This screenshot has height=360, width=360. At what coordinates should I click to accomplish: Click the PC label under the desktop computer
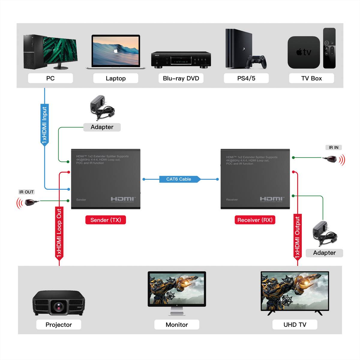pyautogui.click(x=50, y=78)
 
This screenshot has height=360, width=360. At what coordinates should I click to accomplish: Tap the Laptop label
pyautogui.click(x=115, y=78)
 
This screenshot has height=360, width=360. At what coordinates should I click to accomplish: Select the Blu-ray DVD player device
pyautogui.click(x=181, y=60)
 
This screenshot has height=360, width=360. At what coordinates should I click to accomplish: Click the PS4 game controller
pyautogui.click(x=256, y=61)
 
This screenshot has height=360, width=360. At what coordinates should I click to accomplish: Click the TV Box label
pyautogui.click(x=311, y=78)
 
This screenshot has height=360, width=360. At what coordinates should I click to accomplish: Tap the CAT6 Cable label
pyautogui.click(x=179, y=179)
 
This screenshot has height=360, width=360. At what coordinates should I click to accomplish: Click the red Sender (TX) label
pyautogui.click(x=106, y=220)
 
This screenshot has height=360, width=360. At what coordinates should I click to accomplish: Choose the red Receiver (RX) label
pyautogui.click(x=255, y=220)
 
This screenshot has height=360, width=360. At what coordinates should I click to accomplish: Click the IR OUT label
pyautogui.click(x=26, y=192)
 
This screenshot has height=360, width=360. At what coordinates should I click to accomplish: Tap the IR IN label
pyautogui.click(x=334, y=147)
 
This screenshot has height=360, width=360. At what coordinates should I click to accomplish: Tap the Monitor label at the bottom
pyautogui.click(x=177, y=325)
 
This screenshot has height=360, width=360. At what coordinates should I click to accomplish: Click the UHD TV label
pyautogui.click(x=295, y=325)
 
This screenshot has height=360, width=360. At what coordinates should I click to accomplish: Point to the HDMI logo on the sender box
pyautogui.click(x=123, y=199)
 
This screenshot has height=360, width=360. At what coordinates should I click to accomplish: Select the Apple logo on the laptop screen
pyautogui.click(x=115, y=51)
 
